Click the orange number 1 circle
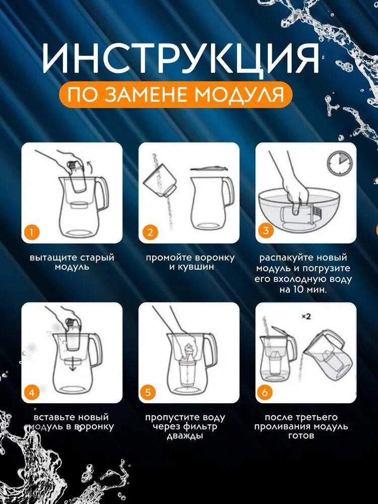(x=31, y=232)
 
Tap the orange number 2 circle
(x=150, y=232)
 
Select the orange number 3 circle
(x=266, y=230)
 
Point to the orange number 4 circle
(x=31, y=393)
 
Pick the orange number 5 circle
(x=148, y=393)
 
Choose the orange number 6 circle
(x=265, y=393)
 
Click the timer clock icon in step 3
(x=340, y=163)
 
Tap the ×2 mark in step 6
(x=306, y=317)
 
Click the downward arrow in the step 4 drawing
(x=73, y=365)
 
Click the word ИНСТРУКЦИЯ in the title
(x=181, y=58)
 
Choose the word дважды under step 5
(x=185, y=436)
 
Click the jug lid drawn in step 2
(x=209, y=168)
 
